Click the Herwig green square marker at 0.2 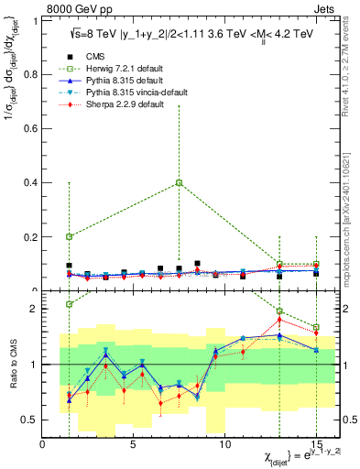[70, 236]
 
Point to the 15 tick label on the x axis [316, 444]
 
